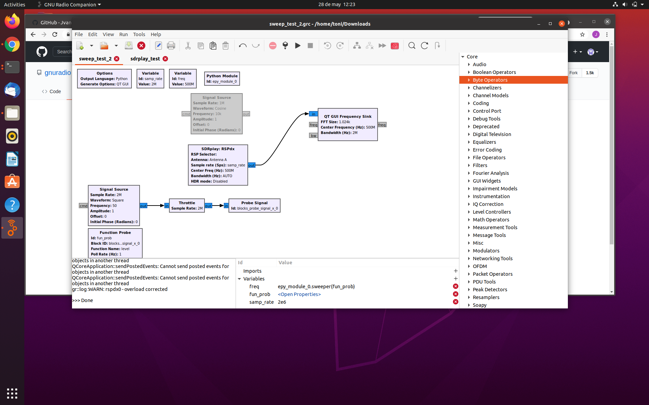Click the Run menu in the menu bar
(123, 34)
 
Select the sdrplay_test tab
(145, 59)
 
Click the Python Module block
(222, 79)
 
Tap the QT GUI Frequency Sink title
(347, 116)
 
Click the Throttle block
(187, 206)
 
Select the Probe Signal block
(254, 206)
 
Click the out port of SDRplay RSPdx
(251, 165)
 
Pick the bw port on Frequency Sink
(313, 136)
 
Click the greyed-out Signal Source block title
(216, 98)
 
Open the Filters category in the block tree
(480, 165)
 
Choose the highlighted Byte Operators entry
(490, 80)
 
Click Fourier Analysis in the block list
(490, 173)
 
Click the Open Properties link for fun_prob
(299, 294)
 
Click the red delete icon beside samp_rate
(456, 302)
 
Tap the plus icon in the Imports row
(456, 271)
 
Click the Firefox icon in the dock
(12, 22)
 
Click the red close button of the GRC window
(561, 24)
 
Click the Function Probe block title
(115, 233)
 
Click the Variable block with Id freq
(183, 79)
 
